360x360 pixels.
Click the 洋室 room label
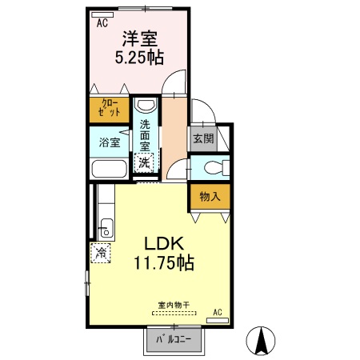tap(138, 38)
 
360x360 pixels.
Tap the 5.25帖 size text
tap(138, 57)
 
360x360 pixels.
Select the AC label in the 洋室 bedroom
tap(102, 23)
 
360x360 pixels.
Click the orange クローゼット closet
tap(110, 109)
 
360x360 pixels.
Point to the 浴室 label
tap(109, 143)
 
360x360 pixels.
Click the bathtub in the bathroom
tap(108, 170)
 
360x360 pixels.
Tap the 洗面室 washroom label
tap(145, 135)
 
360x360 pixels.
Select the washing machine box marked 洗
tap(144, 162)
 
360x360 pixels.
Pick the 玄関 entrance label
tap(202, 138)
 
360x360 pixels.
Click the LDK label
tap(165, 242)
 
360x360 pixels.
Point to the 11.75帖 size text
tap(165, 262)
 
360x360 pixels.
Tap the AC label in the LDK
tap(217, 312)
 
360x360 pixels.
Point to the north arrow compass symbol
tap(261, 342)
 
